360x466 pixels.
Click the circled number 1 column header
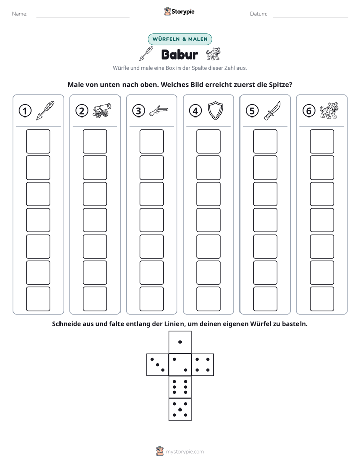25,111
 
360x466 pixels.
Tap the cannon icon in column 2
102,110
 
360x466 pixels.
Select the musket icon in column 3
159,110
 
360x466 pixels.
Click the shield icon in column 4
215,110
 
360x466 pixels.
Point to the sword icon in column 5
272,110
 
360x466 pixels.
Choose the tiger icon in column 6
329,110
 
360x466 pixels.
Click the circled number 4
195,111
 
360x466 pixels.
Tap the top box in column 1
38,141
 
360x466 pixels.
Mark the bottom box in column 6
322,299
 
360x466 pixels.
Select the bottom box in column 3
151,299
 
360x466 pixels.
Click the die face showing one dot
180,342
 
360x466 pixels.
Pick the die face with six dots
180,387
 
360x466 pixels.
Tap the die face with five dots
180,409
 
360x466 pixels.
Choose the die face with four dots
203,364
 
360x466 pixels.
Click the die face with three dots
158,364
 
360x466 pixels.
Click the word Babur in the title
179,54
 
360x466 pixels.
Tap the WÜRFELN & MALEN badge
180,39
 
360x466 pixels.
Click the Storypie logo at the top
179,11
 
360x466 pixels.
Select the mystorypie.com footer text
185,452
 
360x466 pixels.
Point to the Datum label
259,14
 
